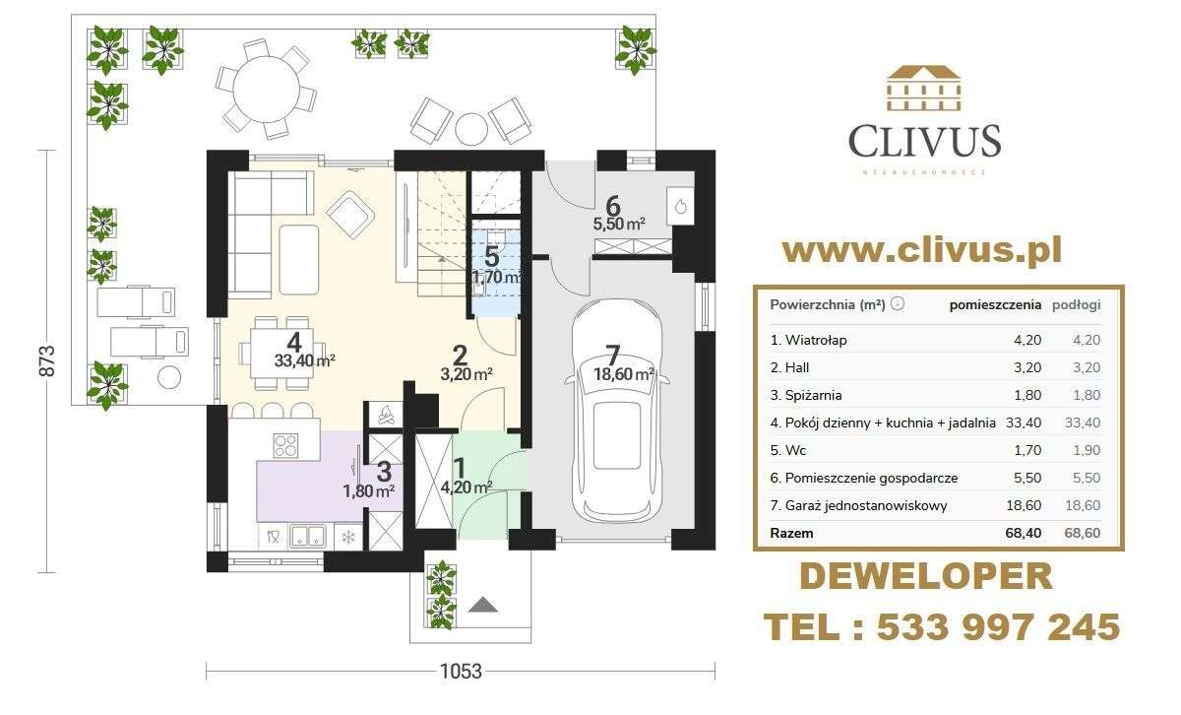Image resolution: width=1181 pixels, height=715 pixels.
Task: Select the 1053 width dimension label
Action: pos(461,672)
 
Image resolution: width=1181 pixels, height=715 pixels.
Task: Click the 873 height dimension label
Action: pos(47,360)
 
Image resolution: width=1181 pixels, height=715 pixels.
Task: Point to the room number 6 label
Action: pos(613,206)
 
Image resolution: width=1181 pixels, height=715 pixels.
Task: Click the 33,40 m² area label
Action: pos(305,360)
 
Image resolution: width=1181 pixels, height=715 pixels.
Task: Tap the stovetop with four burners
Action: pos(285,445)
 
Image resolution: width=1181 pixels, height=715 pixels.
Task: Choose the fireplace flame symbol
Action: pos(386,415)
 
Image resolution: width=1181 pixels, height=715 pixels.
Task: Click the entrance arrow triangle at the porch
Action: pos(482,605)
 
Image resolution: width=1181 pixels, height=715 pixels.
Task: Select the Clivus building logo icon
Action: pos(924,88)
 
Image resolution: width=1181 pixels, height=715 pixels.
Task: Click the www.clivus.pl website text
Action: pos(922,251)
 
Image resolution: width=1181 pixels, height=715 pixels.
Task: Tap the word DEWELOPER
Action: pos(926,576)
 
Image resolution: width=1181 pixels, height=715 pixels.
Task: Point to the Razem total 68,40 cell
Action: pos(1023,533)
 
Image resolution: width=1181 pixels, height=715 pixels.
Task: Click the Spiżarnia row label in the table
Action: pos(806,395)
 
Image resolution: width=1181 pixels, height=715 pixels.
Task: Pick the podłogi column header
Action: pos(1077,305)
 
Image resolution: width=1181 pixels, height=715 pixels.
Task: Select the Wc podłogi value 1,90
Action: pos(1087,450)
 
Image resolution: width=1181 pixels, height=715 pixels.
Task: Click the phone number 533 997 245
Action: pos(999,627)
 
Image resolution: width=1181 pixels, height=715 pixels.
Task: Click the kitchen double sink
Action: pos(307,536)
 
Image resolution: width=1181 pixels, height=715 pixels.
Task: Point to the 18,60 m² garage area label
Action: pos(624,374)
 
